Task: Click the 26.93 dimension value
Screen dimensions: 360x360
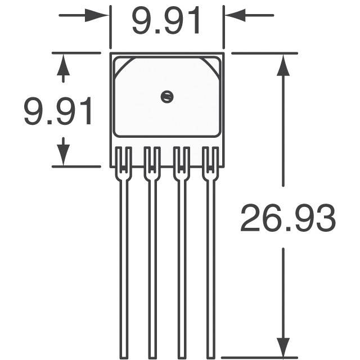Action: pyautogui.click(x=288, y=218)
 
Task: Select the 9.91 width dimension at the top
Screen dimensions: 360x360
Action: pyautogui.click(x=166, y=21)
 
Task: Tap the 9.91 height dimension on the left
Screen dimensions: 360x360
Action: pyautogui.click(x=58, y=111)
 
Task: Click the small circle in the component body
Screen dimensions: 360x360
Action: pyautogui.click(x=167, y=97)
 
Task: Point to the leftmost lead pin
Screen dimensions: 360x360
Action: pyautogui.click(x=124, y=253)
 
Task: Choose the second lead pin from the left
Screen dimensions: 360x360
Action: pyautogui.click(x=152, y=253)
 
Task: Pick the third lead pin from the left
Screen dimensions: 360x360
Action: pyautogui.click(x=182, y=253)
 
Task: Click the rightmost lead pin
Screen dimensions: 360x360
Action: pyautogui.click(x=210, y=253)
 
